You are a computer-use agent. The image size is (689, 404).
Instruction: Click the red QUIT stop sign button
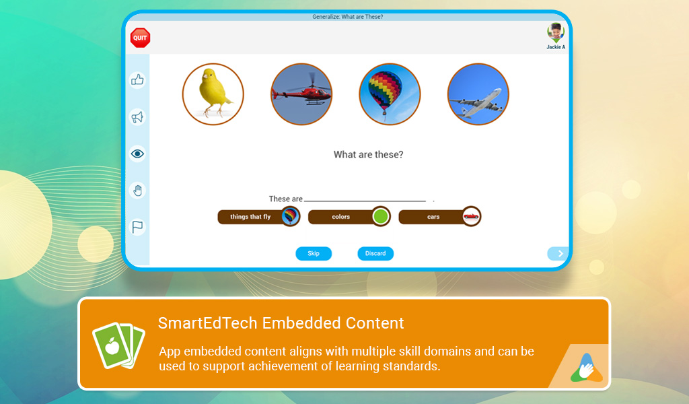pos(140,38)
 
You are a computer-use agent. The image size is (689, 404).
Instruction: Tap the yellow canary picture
pos(213,94)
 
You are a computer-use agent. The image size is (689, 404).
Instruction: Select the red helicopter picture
pos(301,94)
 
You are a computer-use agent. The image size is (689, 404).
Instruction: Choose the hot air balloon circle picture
pos(390,94)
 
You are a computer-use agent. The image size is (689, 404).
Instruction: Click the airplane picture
pos(478,94)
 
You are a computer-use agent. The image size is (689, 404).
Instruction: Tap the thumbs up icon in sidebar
pos(137,80)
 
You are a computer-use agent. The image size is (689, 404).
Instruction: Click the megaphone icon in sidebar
pos(137,117)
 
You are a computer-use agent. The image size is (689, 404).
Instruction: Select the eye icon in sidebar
pos(137,154)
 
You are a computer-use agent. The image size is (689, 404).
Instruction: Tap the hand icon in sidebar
pos(137,191)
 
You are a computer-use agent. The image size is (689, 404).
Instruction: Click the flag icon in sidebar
pos(137,227)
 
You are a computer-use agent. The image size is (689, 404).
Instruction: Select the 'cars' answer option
pos(439,217)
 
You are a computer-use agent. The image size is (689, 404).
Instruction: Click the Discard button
pos(375,254)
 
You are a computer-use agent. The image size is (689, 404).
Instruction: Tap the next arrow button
pos(558,254)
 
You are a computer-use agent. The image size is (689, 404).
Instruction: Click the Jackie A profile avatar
pos(556,33)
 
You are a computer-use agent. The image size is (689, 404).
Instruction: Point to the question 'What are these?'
pos(369,155)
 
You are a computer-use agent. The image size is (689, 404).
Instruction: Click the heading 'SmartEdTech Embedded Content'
pos(281,323)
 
